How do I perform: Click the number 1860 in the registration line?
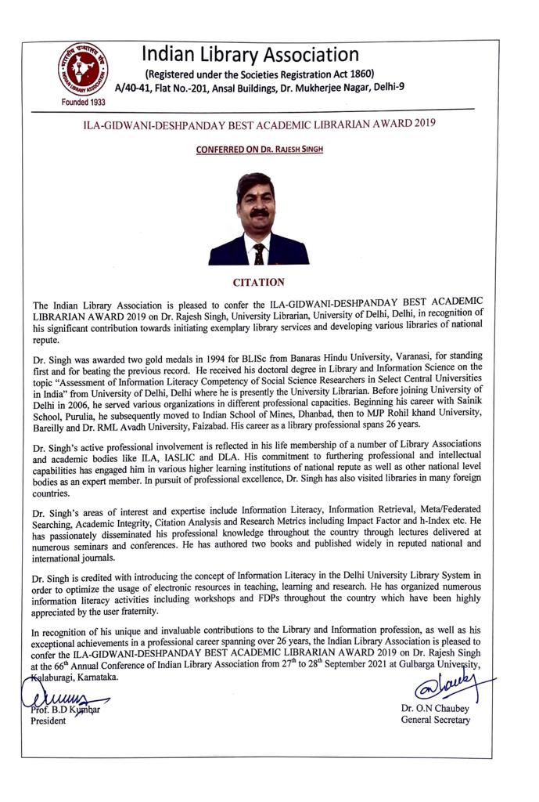point(350,74)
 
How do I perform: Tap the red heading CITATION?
point(259,282)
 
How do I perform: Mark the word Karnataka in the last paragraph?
point(99,678)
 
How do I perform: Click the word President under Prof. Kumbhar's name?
point(49,721)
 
